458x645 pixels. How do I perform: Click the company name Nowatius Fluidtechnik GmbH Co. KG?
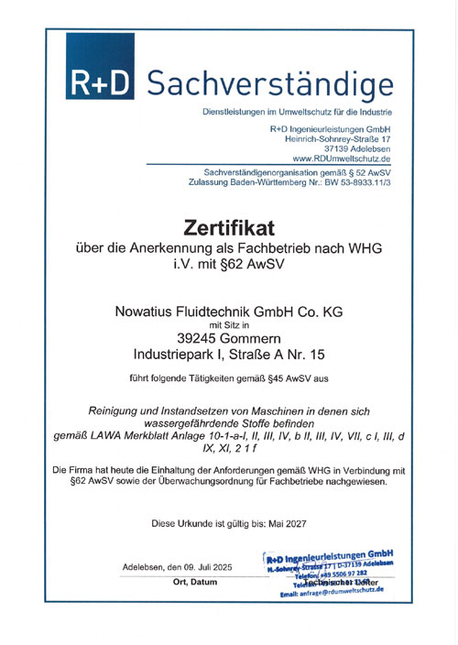(x=229, y=312)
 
